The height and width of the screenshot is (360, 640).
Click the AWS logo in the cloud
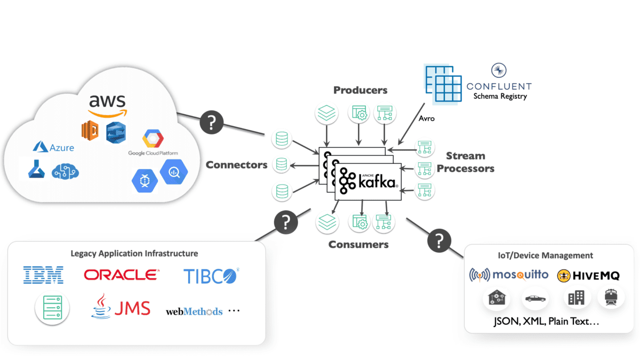pos(107,105)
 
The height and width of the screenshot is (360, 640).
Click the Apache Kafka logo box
pos(368,181)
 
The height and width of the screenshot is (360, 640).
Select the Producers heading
pos(361,90)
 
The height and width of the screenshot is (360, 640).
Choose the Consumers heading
pos(358,245)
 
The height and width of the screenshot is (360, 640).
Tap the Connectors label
pos(236,165)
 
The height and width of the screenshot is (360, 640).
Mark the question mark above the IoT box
pos(439,241)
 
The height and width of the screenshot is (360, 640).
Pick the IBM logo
pos(43,275)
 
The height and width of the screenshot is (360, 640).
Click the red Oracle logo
pos(121,275)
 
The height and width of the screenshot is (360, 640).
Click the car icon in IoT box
pos(534,298)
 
